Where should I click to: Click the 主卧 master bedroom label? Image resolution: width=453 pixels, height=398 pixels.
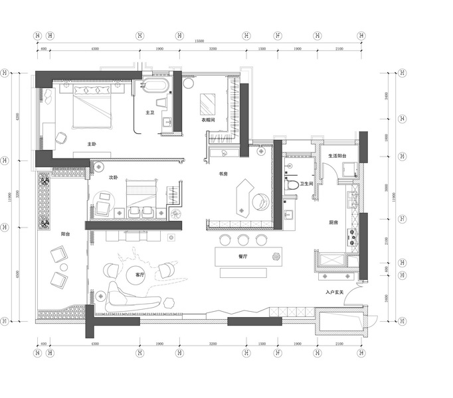click(x=92, y=144)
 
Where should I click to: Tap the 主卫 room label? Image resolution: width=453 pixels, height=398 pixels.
click(x=150, y=113)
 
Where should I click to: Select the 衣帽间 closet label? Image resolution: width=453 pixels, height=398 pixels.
click(x=208, y=120)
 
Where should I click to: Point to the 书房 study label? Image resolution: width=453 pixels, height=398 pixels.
click(x=224, y=174)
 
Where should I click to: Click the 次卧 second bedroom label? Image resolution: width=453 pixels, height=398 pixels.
click(x=113, y=178)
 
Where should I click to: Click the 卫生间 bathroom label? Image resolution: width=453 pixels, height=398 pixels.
click(x=306, y=185)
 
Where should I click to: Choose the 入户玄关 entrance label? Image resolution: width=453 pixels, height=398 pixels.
click(x=333, y=292)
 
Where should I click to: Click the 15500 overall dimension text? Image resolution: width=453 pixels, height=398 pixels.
click(x=199, y=41)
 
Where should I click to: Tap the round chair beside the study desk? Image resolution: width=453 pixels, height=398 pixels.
click(x=261, y=200)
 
